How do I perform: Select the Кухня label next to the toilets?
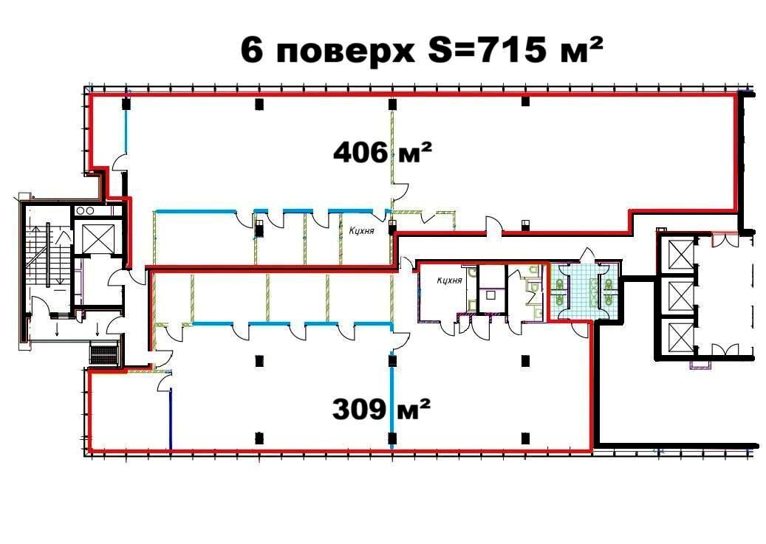pyautogui.click(x=449, y=280)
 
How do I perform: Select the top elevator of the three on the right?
pyautogui.click(x=678, y=255)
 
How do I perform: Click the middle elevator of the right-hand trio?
pyautogui.click(x=678, y=296)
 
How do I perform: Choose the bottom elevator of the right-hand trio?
pyautogui.click(x=678, y=337)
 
